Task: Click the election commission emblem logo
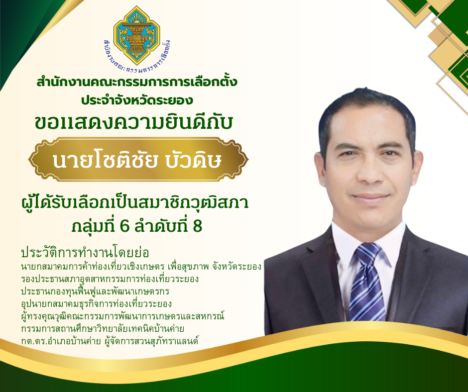pos(137,36)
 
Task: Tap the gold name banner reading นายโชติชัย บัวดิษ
pos(138,159)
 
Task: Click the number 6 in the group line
pos(124,226)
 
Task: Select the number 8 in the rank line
pos(197,226)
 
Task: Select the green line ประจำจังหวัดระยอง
pos(137,100)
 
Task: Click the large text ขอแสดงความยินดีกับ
pos(134,122)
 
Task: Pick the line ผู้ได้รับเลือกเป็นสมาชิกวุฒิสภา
pos(135,204)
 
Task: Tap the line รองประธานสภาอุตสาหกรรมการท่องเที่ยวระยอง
pos(110,279)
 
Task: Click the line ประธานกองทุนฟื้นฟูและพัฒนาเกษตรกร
pos(95,292)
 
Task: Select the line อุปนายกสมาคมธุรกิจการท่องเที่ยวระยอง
pos(97,303)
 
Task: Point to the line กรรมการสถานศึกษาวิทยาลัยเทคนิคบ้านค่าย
pos(103,328)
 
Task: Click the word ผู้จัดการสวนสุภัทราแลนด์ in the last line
pos(152,341)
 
